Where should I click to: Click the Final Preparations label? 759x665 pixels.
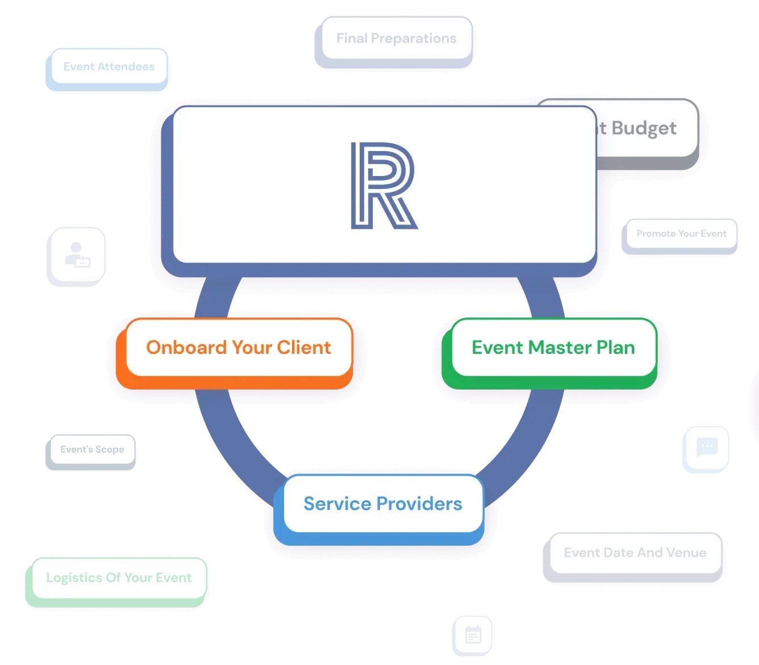[396, 39]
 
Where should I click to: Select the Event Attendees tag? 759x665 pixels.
[109, 67]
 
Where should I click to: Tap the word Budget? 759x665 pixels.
[644, 128]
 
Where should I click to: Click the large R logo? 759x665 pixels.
[384, 186]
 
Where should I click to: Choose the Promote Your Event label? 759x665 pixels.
[681, 234]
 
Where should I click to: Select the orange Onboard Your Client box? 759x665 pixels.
[238, 348]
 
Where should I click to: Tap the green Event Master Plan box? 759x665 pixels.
[553, 348]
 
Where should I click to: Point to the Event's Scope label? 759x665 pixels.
[92, 450]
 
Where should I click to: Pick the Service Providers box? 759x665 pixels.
[382, 504]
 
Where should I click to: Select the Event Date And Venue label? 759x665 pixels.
[635, 553]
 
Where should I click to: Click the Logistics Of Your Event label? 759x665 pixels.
[119, 578]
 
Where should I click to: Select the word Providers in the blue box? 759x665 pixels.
[419, 504]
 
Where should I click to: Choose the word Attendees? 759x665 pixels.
[126, 67]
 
